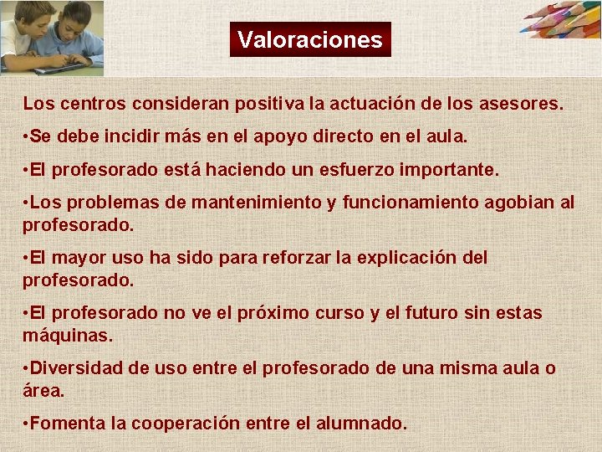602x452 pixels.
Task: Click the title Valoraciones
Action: (x=309, y=39)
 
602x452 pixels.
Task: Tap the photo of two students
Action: (x=52, y=38)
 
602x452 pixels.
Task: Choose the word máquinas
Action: (x=67, y=335)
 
